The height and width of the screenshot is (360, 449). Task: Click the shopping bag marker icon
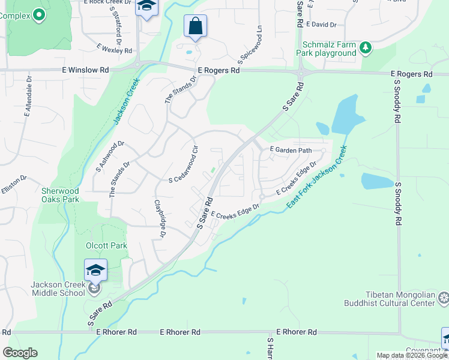coord(195,26)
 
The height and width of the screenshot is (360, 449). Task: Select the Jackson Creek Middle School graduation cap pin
coord(96,271)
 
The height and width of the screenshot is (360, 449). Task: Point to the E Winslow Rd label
coord(85,70)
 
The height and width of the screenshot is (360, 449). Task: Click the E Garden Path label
coord(291,149)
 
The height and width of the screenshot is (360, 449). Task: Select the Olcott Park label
coord(106,245)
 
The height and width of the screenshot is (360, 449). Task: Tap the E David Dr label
coord(321,25)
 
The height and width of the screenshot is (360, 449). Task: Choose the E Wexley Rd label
coord(114,48)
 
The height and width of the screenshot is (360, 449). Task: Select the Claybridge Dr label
coord(160,219)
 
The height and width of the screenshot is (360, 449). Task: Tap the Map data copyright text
coord(412,356)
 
